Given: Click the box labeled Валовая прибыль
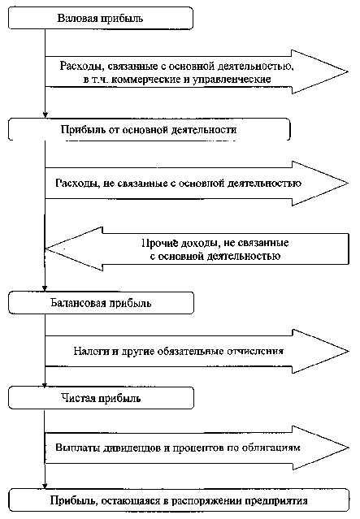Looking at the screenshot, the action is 101,18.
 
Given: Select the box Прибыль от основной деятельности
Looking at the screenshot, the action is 149,129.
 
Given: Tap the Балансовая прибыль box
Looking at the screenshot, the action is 101,303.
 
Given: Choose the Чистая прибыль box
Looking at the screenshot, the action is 101,398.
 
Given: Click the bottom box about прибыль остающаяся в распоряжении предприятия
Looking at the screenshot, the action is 179,500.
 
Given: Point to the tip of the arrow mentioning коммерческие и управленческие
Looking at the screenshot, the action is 348,71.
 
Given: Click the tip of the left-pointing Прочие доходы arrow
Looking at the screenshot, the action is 46,249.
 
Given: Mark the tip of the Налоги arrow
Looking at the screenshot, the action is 349,351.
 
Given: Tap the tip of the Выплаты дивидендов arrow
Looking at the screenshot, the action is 349,448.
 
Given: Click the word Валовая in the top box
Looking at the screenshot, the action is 77,18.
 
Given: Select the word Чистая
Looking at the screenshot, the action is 78,398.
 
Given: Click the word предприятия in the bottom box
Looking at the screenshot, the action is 275,501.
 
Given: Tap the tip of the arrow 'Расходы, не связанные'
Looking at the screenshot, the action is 348,184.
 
